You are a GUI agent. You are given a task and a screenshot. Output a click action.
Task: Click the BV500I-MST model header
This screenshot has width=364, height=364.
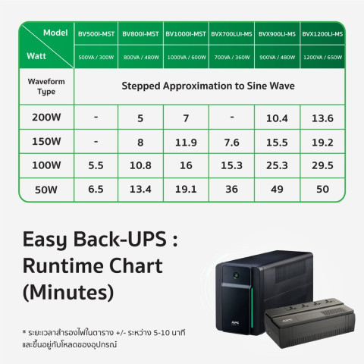tap(96, 34)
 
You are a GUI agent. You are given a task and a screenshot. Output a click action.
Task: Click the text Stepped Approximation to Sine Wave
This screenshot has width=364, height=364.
tap(209, 86)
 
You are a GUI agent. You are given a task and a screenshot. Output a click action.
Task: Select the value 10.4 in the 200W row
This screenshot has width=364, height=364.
tap(278, 118)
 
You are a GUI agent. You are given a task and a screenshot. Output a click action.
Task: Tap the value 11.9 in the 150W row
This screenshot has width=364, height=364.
tap(187, 142)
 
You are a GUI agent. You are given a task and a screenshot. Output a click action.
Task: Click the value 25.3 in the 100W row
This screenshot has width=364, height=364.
tap(278, 165)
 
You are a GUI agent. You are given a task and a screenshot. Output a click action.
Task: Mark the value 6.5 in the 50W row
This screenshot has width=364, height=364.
tap(96, 190)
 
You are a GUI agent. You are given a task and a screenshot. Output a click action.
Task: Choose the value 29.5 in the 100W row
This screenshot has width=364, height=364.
tap(322, 165)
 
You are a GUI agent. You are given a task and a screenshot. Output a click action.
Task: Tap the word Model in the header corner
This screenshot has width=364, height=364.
tap(56, 33)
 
